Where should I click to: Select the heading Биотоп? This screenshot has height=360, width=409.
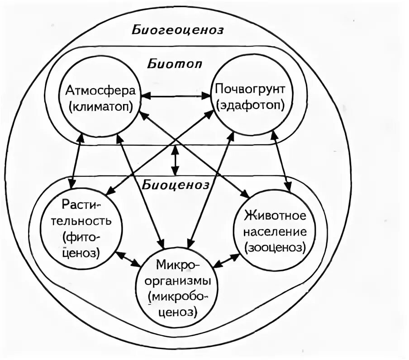[x=174, y=63]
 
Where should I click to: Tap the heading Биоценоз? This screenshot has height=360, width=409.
[x=176, y=185]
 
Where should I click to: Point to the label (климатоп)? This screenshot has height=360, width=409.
[x=100, y=107]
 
